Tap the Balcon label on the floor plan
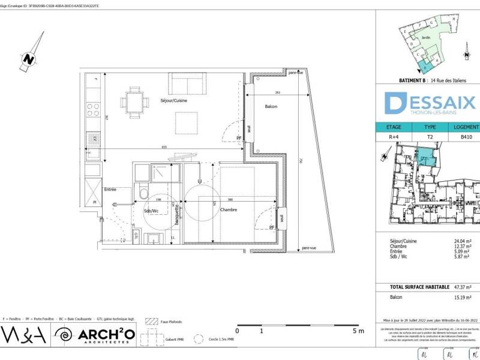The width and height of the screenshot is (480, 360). coord(271,106)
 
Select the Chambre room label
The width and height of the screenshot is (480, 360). coord(228,210)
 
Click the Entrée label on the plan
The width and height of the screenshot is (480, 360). coord(110,190)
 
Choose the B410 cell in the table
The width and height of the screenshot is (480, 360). coord(466,137)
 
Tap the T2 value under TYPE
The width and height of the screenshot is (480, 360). coord(430,137)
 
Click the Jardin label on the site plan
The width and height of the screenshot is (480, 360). coord(426,38)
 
